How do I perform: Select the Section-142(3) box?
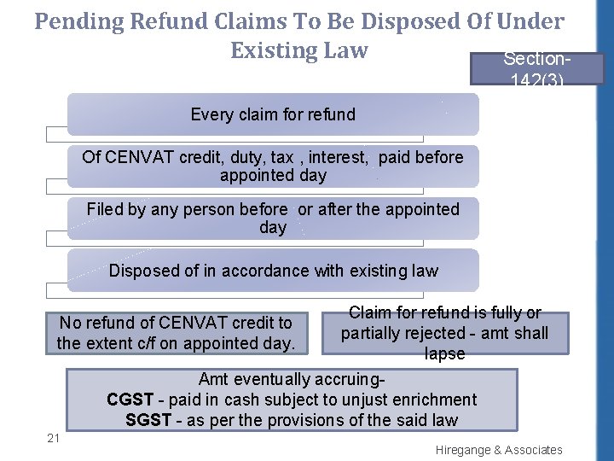click(536, 68)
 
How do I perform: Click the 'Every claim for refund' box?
click(273, 114)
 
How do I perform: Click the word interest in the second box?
click(339, 157)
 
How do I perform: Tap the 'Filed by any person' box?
click(273, 218)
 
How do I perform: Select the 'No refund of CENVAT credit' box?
click(175, 333)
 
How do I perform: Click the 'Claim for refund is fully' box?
click(444, 333)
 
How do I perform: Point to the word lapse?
click(444, 353)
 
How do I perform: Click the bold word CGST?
click(130, 400)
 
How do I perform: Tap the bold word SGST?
click(148, 420)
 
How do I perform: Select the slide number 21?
click(53, 438)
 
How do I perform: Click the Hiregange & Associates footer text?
click(499, 450)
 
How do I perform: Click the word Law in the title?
click(345, 50)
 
